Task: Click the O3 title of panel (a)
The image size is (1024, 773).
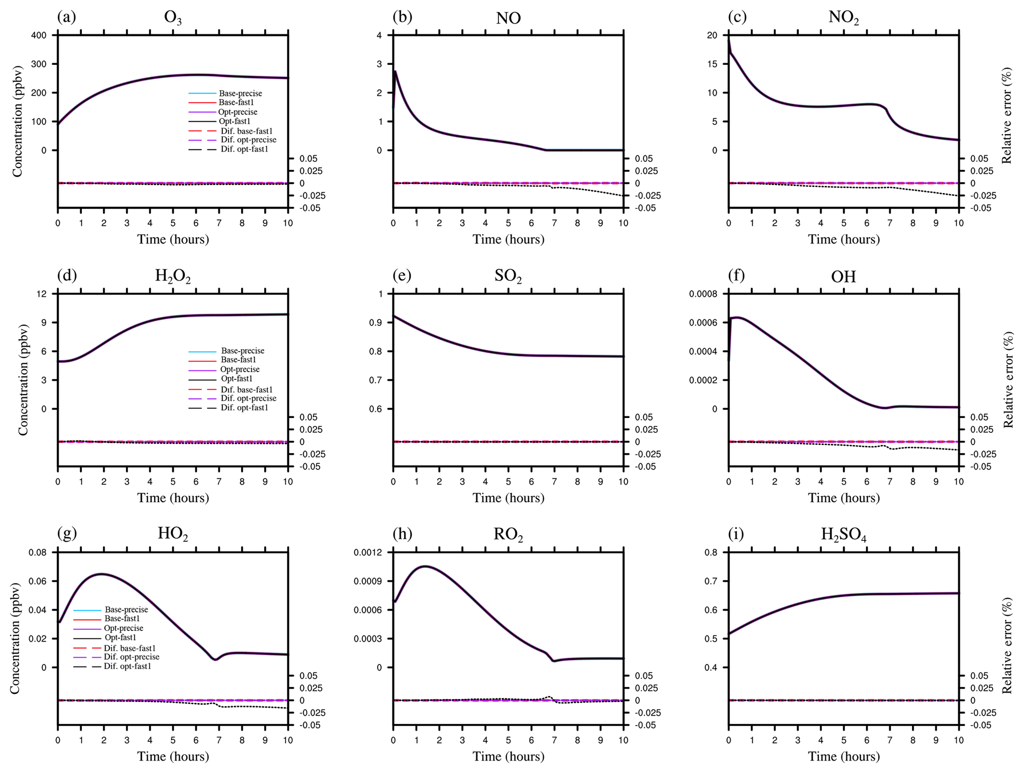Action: coord(173,19)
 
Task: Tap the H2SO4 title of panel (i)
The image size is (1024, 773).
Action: coord(843,535)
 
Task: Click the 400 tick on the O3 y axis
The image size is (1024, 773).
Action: coord(39,35)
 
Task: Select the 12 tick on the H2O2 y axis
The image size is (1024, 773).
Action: coord(42,294)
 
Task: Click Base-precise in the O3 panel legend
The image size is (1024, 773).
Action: coord(240,93)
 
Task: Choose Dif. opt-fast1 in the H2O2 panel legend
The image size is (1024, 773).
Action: coord(244,408)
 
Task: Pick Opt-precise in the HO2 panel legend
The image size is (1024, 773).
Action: coord(123,628)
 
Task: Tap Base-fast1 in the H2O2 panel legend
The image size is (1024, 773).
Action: coord(238,360)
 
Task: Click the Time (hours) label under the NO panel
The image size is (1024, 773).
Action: coord(508,240)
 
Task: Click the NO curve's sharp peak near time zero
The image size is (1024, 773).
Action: coord(395,71)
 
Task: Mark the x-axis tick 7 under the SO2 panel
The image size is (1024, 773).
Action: coord(554,481)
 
